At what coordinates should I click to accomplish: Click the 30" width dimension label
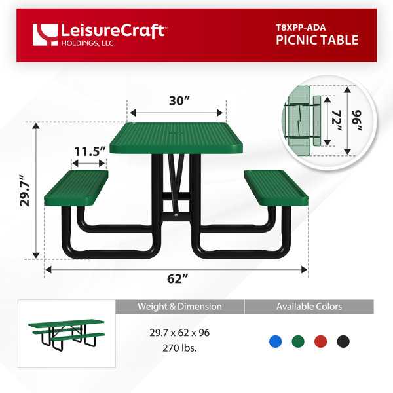(179, 101)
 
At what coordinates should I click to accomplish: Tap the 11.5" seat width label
(90, 151)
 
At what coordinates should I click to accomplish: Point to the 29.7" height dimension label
(25, 191)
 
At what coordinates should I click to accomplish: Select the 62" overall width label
(178, 279)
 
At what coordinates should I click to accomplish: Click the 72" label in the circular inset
(337, 121)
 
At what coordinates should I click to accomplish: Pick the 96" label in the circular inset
(356, 121)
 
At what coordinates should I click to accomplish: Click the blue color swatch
(276, 341)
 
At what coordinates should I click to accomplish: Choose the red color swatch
(320, 341)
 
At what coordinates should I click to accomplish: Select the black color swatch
(343, 341)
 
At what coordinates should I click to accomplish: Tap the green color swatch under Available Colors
(298, 341)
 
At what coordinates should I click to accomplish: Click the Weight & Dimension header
(179, 307)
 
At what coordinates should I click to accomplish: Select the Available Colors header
(309, 307)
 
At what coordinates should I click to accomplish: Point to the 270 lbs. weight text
(179, 348)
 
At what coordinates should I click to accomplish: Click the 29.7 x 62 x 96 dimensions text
(179, 333)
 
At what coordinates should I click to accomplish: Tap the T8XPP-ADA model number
(301, 28)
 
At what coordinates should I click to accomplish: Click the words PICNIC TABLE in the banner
(317, 40)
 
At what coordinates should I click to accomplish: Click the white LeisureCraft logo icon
(45, 35)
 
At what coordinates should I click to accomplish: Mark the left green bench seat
(76, 188)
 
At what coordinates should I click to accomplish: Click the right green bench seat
(276, 188)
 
